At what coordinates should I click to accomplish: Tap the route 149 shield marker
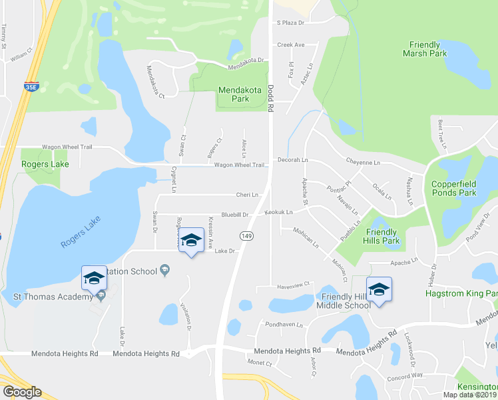click(x=246, y=235)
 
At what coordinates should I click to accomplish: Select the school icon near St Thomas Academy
click(x=94, y=277)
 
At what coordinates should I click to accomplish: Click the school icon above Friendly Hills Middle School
click(x=379, y=289)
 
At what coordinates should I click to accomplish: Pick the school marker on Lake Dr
click(x=191, y=241)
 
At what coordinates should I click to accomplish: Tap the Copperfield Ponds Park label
click(x=454, y=188)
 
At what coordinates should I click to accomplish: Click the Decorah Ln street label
click(x=293, y=160)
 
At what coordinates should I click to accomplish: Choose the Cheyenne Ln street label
click(x=362, y=162)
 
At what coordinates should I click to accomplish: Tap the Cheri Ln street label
click(x=247, y=195)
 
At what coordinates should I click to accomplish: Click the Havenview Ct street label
click(x=293, y=285)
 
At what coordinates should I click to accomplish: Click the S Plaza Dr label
click(x=290, y=23)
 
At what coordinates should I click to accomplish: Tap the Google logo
click(x=22, y=391)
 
